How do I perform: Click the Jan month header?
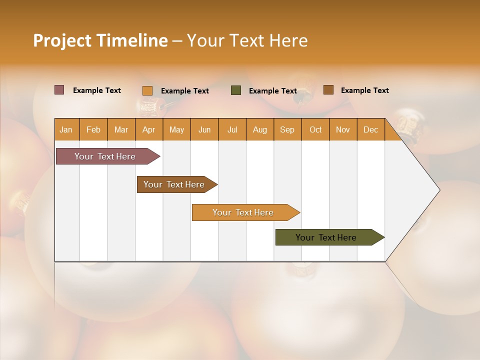(66, 129)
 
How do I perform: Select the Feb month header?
(93, 129)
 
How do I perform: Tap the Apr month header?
(148, 129)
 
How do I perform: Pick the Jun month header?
(204, 129)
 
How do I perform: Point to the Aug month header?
(259, 129)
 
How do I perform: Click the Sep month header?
(287, 129)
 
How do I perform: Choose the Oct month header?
(315, 129)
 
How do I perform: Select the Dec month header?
(370, 129)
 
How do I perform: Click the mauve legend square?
(59, 90)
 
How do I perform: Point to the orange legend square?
(147, 90)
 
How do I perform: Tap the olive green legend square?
(236, 90)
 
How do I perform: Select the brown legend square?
(328, 90)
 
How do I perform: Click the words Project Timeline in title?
(100, 40)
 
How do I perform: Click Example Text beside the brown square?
(364, 90)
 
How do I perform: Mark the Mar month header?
(121, 129)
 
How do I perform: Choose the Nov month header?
(342, 129)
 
